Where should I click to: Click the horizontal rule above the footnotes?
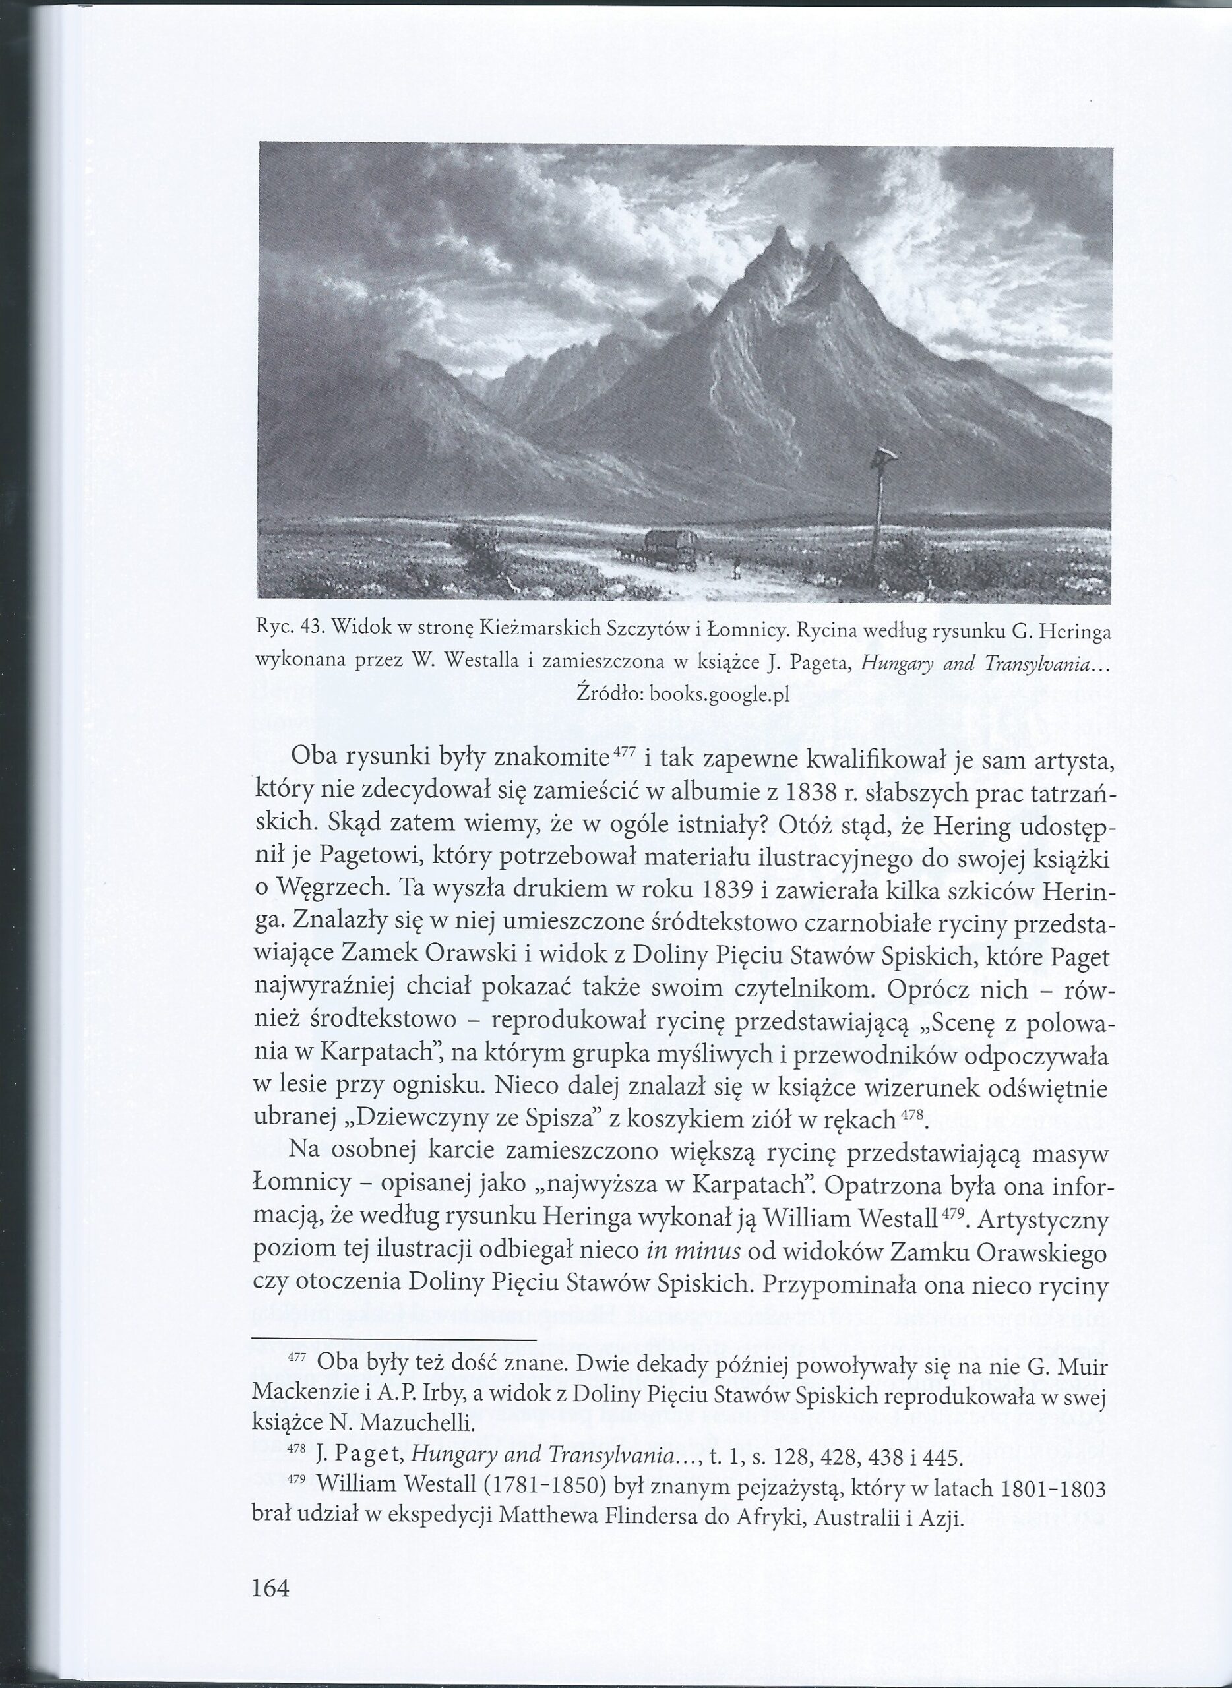click(394, 1341)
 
